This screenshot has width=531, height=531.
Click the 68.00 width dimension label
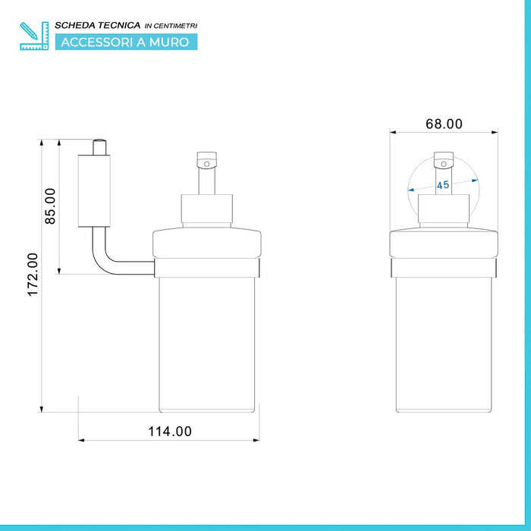coord(444,124)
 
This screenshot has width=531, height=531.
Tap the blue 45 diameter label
coord(443,185)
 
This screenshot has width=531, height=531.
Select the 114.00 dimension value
coord(170,432)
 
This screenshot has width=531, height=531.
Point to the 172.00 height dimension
coord(33,275)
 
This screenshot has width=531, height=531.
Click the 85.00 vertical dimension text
coord(50,206)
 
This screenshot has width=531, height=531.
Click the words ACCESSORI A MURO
coord(125,42)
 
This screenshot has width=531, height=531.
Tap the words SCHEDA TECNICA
coord(98,25)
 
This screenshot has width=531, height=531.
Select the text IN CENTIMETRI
coord(171,26)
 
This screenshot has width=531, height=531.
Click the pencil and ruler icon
coord(34,36)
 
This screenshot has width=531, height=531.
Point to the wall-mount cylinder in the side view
coord(94,190)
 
